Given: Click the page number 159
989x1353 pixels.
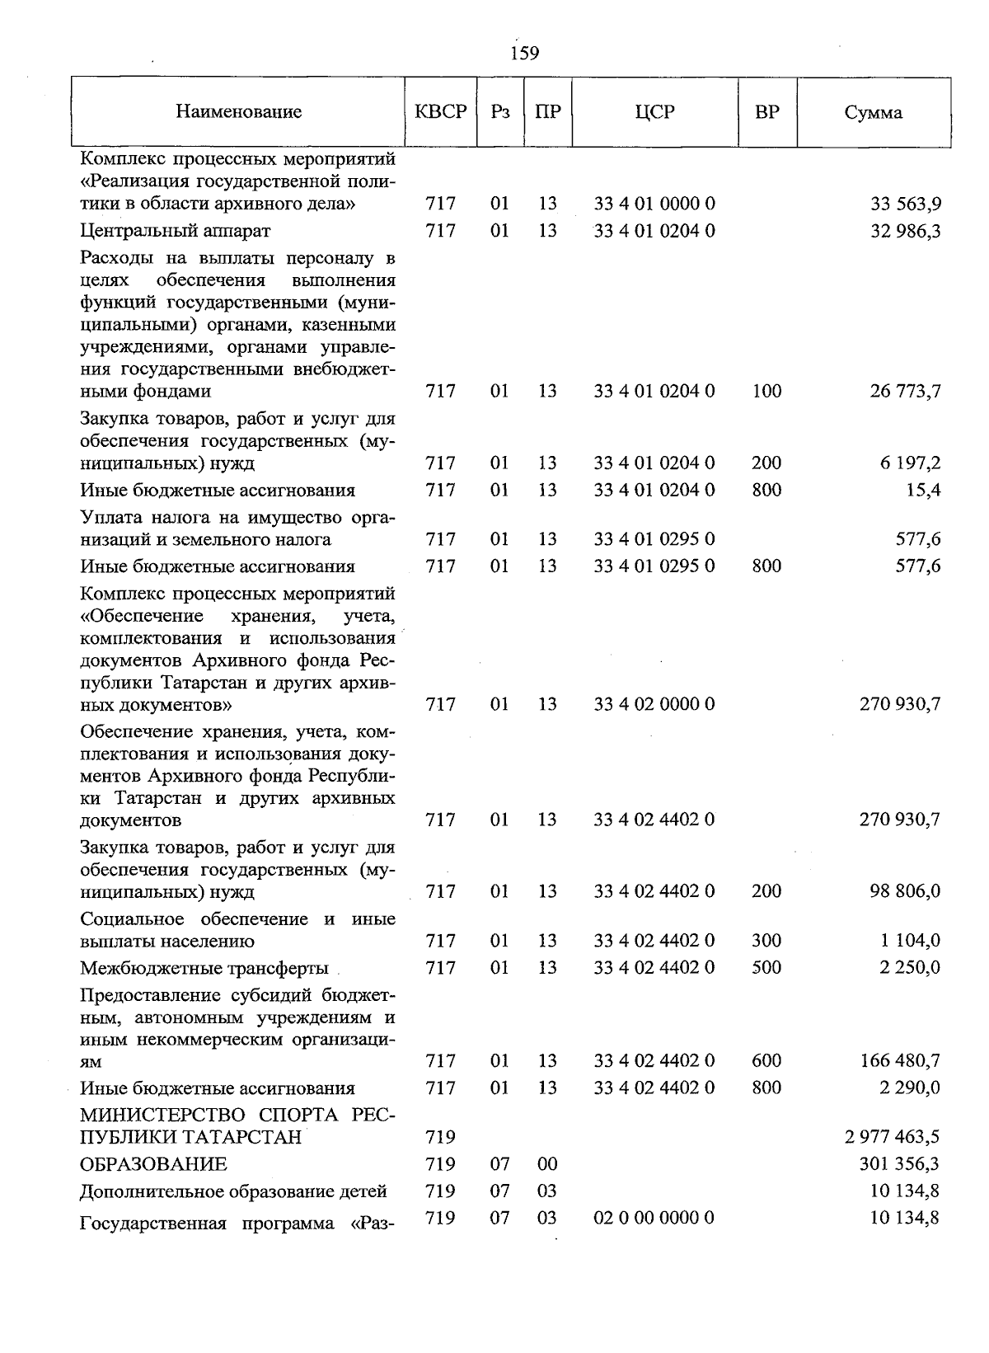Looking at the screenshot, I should pyautogui.click(x=524, y=54).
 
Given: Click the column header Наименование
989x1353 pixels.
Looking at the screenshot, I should pyautogui.click(x=238, y=112).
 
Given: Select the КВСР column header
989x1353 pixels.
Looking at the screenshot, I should pyautogui.click(x=440, y=112).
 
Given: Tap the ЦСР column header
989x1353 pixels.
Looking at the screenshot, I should pyautogui.click(x=654, y=112).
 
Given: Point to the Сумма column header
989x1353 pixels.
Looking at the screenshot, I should pyautogui.click(x=873, y=113).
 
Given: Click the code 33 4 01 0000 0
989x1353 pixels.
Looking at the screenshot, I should pyautogui.click(x=654, y=204).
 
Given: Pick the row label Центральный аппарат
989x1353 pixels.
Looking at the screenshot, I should pyautogui.click(x=176, y=231).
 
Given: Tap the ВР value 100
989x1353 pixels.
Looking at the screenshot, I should pyautogui.click(x=766, y=391).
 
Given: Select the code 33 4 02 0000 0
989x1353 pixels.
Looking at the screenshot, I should pyautogui.click(x=654, y=704).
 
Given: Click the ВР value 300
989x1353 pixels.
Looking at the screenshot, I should pyautogui.click(x=766, y=941).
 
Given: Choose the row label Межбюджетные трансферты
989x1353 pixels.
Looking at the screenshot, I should pyautogui.click(x=204, y=968).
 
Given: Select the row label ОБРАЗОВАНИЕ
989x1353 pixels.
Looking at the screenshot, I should pyautogui.click(x=153, y=1165).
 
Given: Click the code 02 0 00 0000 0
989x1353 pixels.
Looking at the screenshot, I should pyautogui.click(x=654, y=1218).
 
